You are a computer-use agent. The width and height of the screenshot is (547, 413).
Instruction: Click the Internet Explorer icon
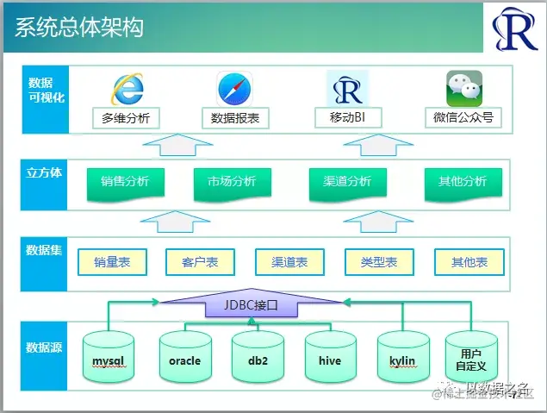click(x=127, y=90)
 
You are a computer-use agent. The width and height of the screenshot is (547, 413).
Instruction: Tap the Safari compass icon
click(x=234, y=90)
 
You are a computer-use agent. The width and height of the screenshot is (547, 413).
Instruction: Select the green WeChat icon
click(x=463, y=89)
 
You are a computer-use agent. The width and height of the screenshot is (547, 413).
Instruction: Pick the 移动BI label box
click(x=347, y=118)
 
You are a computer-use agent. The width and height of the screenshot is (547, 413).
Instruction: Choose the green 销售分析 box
click(x=125, y=182)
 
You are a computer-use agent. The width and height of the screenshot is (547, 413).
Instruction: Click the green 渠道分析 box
click(x=347, y=182)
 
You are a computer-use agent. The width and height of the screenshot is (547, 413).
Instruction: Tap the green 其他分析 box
click(x=463, y=182)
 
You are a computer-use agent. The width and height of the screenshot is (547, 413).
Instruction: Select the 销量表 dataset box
click(x=112, y=262)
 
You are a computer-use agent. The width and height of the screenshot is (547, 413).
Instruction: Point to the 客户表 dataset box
click(x=200, y=262)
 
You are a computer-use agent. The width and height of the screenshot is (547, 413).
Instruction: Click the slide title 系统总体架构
click(x=79, y=28)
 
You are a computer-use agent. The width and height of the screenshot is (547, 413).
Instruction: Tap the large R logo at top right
click(x=514, y=31)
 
